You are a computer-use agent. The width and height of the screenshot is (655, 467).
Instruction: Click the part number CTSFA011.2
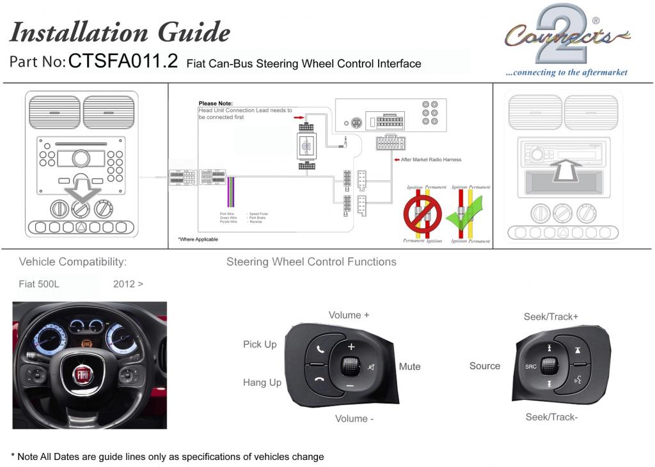coord(123,61)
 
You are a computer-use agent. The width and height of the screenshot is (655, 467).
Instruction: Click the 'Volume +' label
coord(349,315)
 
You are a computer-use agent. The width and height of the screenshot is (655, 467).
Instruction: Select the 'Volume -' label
coord(354,418)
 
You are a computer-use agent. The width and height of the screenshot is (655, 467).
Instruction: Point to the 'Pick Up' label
coord(260,344)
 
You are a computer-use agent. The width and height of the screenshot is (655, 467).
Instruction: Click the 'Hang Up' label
coord(262,383)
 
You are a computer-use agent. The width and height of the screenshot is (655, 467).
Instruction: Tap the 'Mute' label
coord(409,367)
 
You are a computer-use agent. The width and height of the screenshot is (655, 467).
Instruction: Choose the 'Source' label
coord(484,366)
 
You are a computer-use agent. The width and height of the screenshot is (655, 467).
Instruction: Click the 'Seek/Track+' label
coord(551,317)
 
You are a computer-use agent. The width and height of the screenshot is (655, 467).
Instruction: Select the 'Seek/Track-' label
coord(551,417)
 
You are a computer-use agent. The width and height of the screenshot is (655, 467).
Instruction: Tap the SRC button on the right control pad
coord(530,367)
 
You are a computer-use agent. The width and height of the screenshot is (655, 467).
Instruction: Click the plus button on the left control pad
coord(351,347)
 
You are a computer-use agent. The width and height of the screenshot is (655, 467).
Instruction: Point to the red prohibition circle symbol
coord(422,214)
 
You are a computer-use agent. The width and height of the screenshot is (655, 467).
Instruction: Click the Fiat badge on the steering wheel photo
coord(83,373)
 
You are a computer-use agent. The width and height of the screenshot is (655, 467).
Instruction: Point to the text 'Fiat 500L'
coord(39,284)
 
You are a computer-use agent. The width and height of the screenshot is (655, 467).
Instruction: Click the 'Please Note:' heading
coord(216,103)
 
